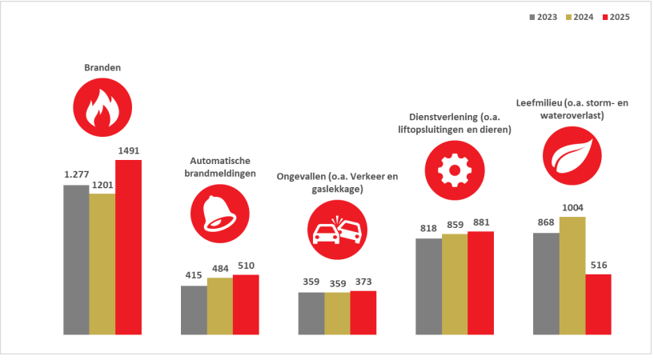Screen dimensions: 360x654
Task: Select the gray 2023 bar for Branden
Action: (76, 259)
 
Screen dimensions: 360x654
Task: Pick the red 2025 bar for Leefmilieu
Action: (598, 303)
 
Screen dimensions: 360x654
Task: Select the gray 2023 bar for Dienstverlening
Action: (429, 286)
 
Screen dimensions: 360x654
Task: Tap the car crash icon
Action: (336, 232)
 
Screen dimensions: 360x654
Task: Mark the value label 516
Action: (598, 266)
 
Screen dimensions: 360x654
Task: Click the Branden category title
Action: (102, 68)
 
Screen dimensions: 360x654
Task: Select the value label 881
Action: (481, 222)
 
